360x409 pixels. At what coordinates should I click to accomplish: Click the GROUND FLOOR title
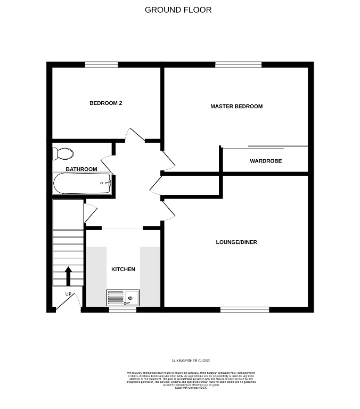coord(178,10)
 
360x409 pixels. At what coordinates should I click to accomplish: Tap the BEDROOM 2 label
coord(105,103)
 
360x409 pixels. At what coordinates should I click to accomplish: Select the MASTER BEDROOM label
coord(236,107)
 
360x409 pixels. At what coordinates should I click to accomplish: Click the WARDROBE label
coord(266,161)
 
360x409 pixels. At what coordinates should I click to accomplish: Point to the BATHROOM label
coord(81,169)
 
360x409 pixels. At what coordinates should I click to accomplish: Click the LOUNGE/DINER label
coord(236,242)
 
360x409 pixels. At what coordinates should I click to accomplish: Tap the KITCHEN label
coord(123,269)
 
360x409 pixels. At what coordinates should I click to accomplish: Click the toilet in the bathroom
coord(63,154)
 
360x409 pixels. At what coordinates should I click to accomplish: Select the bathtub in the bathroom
coord(82,184)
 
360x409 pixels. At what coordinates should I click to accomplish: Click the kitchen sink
coord(123,297)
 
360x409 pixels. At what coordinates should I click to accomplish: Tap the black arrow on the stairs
coord(68,276)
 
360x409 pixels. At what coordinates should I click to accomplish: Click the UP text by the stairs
coord(68,294)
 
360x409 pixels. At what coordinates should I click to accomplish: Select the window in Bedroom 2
coord(101,64)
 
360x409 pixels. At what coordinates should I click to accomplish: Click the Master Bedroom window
coord(238,64)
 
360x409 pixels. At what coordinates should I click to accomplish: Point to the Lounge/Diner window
coord(244,309)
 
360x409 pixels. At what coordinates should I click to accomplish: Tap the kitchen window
coord(122,309)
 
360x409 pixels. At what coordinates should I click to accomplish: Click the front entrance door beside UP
coord(65,302)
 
